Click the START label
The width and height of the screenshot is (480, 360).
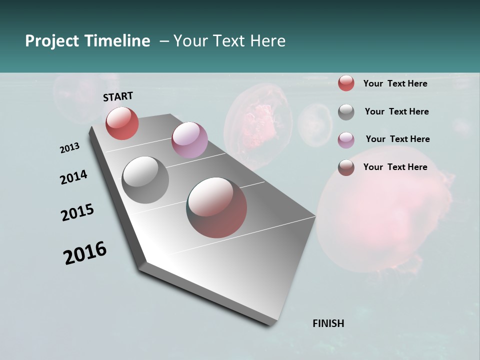[118, 96]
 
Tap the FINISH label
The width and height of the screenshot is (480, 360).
[328, 323]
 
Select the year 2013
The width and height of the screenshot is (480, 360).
[69, 148]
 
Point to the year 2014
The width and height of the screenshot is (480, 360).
[73, 177]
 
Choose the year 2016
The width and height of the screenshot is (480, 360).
[85, 253]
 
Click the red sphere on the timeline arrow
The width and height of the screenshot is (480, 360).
[122, 123]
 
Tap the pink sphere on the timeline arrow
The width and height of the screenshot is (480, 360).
[189, 140]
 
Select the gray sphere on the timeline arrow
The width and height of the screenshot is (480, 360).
[145, 180]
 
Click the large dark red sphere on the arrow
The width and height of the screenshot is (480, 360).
[216, 207]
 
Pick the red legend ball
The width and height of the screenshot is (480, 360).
[346, 83]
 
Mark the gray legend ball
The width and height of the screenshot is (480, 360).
[346, 112]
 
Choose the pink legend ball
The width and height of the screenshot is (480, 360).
[346, 140]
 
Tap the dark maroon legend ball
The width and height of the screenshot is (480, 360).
[346, 167]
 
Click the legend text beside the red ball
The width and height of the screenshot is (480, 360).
[395, 83]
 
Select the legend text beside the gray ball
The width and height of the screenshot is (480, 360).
[396, 111]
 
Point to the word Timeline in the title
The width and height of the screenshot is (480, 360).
[117, 41]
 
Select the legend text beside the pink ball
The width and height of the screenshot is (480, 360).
[397, 139]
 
